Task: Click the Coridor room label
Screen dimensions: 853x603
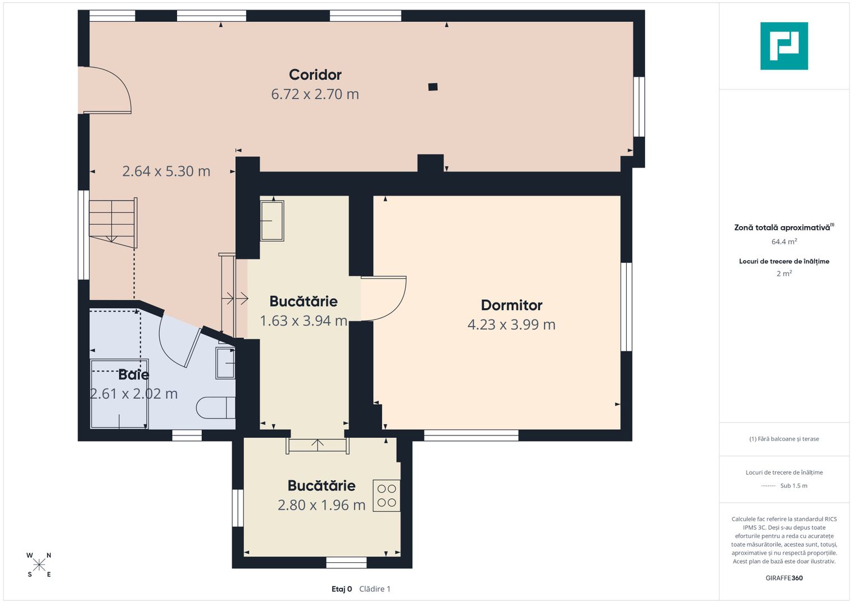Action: click(x=315, y=75)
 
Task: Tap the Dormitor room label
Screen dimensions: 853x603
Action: click(x=512, y=305)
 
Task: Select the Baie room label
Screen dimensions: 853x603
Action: click(x=134, y=374)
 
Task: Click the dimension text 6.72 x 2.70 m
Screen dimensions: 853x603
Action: click(x=315, y=94)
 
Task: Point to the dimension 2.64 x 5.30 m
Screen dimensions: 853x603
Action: click(x=166, y=171)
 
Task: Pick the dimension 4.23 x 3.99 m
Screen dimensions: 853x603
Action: click(x=512, y=324)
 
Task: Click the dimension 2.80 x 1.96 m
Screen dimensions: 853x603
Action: click(x=321, y=505)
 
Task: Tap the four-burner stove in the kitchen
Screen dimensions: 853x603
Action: click(x=387, y=495)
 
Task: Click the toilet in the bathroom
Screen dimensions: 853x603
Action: click(x=216, y=408)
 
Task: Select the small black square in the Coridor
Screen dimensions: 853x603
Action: click(x=432, y=87)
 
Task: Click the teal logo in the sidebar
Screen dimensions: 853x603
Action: click(x=784, y=46)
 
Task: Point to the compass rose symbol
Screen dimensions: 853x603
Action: click(x=39, y=565)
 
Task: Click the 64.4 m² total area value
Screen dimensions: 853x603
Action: click(x=784, y=241)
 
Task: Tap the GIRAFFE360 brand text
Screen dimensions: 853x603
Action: click(x=784, y=578)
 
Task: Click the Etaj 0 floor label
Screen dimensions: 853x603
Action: click(x=341, y=589)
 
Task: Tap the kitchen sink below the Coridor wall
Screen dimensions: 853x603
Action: click(x=272, y=221)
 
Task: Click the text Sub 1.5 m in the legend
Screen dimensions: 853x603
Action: click(x=794, y=485)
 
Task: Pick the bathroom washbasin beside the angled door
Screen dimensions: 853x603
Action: click(x=226, y=363)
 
